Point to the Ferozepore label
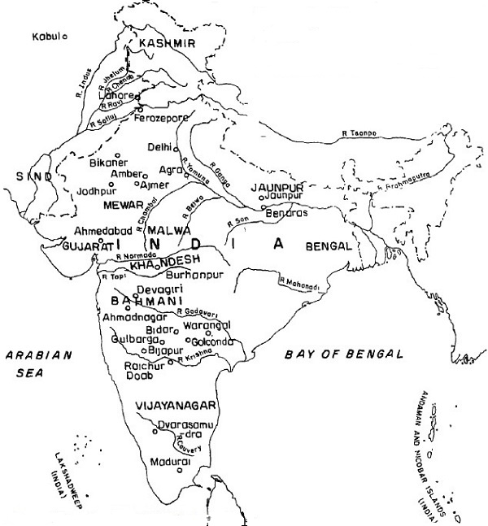pos(172,119)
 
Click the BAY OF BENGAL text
pos(344,354)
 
